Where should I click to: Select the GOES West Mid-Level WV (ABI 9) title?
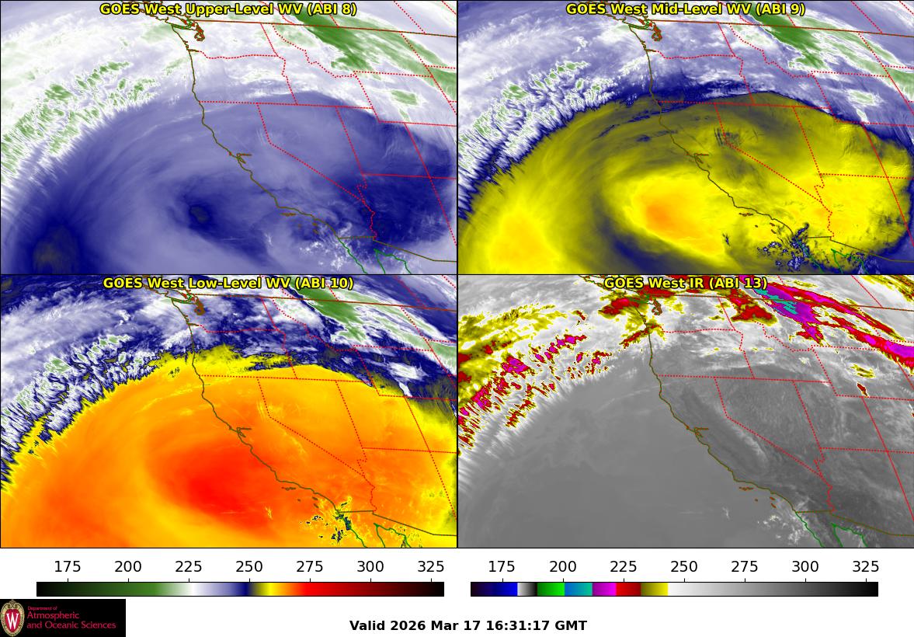[685, 9]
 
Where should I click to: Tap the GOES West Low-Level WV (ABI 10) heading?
[228, 284]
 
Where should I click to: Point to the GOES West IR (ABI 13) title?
[685, 284]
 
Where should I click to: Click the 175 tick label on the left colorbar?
[68, 566]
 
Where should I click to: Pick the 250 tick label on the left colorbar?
[249, 566]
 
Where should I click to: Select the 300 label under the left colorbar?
[370, 566]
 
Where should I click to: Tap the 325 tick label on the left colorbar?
[431, 566]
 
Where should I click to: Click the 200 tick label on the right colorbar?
[562, 566]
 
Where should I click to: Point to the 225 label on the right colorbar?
[623, 566]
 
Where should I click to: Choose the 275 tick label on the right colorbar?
[744, 566]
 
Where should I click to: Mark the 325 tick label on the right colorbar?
[865, 566]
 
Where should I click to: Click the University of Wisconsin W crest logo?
[12, 618]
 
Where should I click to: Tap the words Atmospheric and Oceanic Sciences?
[71, 620]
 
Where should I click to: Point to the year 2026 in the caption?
[408, 625]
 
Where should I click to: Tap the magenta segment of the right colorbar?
[603, 589]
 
